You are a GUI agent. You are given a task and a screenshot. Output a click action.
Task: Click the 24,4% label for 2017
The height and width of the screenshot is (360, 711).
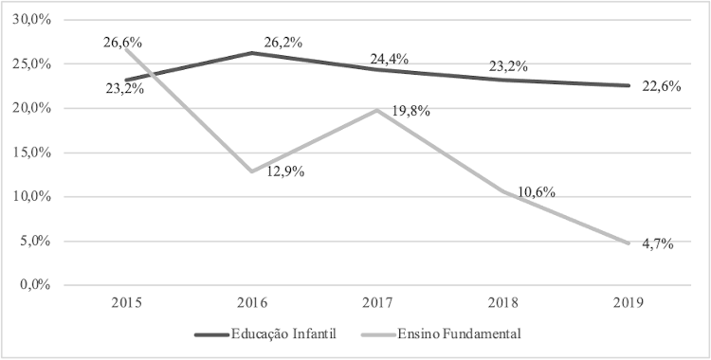coord(390,59)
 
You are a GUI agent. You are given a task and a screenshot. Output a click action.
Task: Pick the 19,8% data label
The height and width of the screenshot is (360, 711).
coord(410,111)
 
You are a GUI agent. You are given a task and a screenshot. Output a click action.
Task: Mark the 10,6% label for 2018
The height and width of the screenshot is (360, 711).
coord(536,192)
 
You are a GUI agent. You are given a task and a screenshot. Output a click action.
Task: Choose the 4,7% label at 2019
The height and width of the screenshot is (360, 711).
coord(654,244)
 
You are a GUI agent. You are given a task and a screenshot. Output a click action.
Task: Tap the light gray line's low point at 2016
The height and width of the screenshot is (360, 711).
coord(251,171)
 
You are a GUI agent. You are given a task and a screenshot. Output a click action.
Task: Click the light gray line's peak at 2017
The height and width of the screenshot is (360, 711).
coord(376,110)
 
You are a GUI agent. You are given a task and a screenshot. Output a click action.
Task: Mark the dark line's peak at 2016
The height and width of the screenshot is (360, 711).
coord(251,53)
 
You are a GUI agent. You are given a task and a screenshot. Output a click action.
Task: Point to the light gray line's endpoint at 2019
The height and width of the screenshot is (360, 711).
coord(627,243)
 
